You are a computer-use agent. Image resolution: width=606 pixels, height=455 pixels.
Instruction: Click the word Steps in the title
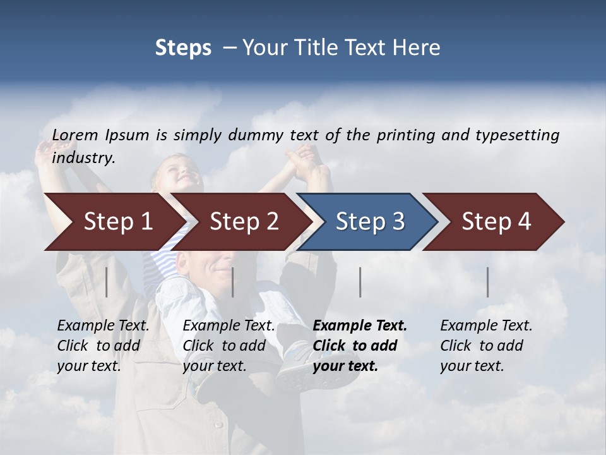183,47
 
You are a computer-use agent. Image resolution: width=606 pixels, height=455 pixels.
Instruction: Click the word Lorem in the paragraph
75,135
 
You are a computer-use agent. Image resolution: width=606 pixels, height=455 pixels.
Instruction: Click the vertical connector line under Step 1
107,282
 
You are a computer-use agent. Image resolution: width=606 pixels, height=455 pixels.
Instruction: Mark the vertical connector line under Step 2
233,282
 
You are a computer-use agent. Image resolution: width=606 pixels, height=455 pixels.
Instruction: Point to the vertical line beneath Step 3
360,282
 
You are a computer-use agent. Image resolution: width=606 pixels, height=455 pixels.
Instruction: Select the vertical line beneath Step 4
487,282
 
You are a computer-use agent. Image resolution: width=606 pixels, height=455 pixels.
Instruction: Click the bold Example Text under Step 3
360,326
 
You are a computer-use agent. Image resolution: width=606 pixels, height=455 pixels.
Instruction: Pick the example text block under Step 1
103,346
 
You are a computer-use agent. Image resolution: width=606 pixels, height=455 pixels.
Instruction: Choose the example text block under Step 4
485,346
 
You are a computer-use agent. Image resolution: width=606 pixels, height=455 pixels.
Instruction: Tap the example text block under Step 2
229,346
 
